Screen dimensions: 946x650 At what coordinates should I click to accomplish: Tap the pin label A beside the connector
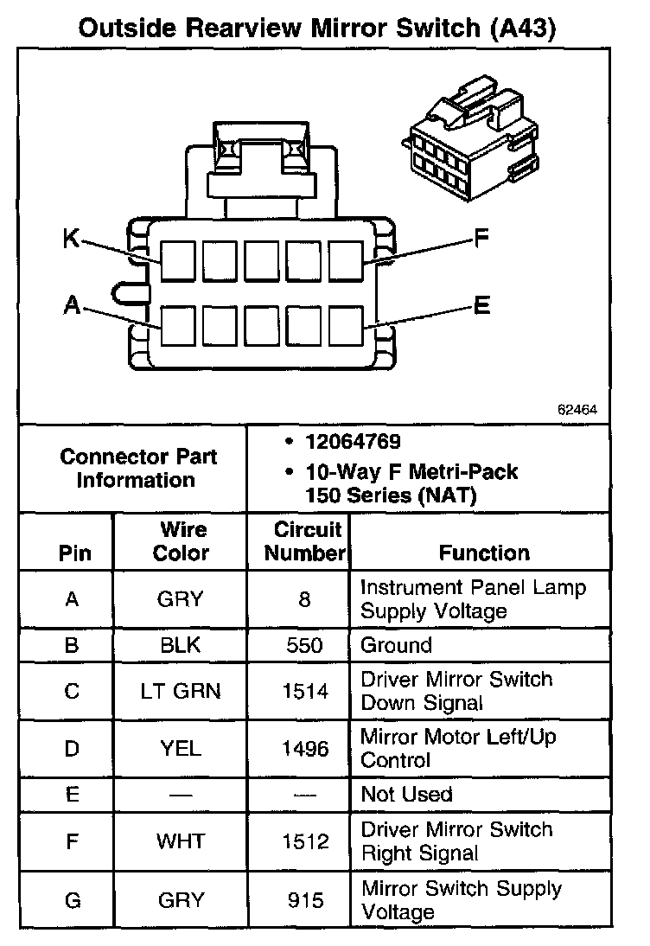72,304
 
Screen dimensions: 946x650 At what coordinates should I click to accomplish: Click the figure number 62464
577,410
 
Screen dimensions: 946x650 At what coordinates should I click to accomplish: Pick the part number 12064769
353,442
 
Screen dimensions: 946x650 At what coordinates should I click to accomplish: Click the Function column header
484,553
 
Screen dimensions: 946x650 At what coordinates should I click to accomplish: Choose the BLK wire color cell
181,645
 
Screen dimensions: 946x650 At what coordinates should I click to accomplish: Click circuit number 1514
304,691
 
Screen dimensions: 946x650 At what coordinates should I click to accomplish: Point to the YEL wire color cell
181,748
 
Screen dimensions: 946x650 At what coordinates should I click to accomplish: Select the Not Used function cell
406,794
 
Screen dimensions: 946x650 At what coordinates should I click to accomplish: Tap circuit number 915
304,899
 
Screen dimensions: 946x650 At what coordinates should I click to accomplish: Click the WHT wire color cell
181,841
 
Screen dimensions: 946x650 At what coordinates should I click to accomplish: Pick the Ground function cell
396,645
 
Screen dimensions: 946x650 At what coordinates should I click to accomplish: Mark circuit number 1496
304,748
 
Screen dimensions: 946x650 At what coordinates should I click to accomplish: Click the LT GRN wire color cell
181,691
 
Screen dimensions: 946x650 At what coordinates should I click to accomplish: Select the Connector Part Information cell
138,468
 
